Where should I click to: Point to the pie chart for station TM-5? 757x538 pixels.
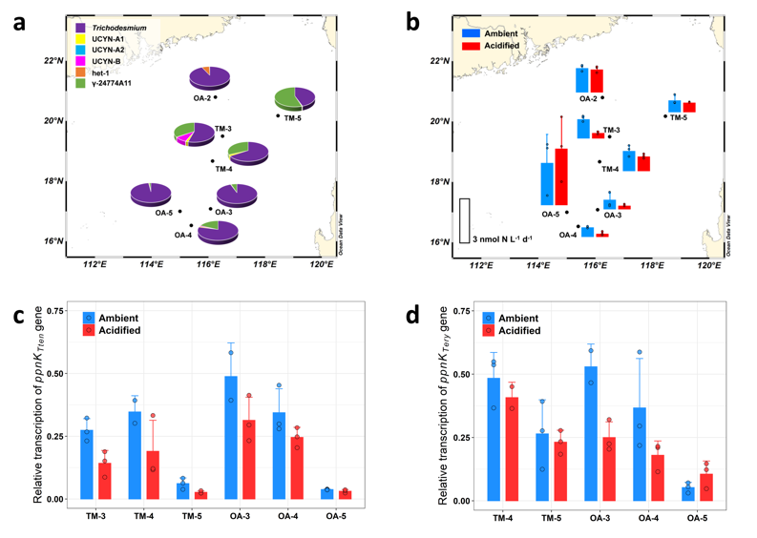tap(294, 97)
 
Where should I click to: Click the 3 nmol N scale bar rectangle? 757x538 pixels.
tap(465, 220)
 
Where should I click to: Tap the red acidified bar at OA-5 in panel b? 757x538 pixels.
tap(561, 177)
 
